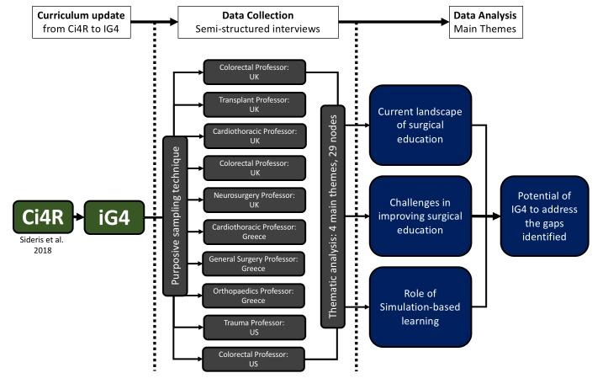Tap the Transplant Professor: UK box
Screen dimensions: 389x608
pos(254,104)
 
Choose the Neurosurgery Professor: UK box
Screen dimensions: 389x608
pos(254,200)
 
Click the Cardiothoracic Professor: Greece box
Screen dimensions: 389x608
pos(254,230)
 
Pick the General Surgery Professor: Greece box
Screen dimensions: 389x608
pos(254,261)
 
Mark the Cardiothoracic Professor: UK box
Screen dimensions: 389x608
pos(254,136)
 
